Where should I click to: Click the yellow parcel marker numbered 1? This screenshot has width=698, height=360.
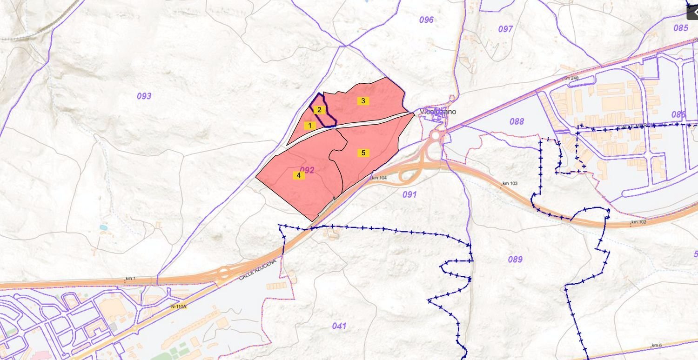pyautogui.click(x=309, y=125)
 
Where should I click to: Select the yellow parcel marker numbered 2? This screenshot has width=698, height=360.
pyautogui.click(x=319, y=110)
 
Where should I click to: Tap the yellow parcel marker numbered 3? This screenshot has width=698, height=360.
pyautogui.click(x=363, y=100)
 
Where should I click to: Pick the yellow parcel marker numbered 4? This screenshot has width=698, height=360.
pyautogui.click(x=299, y=175)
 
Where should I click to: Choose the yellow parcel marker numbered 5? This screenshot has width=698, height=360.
pyautogui.click(x=363, y=153)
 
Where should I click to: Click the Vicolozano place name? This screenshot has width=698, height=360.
pyautogui.click(x=438, y=112)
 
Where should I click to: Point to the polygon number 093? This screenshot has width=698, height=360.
pyautogui.click(x=144, y=96)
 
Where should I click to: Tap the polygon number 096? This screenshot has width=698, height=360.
pyautogui.click(x=426, y=20)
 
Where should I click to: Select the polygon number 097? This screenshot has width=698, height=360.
pyautogui.click(x=505, y=29)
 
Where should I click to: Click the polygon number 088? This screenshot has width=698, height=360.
pyautogui.click(x=517, y=122)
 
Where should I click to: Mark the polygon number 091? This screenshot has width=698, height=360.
pyautogui.click(x=409, y=194)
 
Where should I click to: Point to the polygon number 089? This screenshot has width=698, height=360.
pyautogui.click(x=515, y=260)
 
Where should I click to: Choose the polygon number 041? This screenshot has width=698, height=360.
pyautogui.click(x=339, y=326)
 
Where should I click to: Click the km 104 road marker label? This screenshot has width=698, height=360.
pyautogui.click(x=380, y=178)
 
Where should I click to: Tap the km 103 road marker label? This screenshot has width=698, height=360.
pyautogui.click(x=510, y=184)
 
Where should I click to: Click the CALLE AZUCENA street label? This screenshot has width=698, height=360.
pyautogui.click(x=258, y=270)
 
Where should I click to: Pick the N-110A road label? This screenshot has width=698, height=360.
pyautogui.click(x=179, y=307)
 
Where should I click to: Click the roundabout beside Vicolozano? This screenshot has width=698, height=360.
pyautogui.click(x=436, y=135)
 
